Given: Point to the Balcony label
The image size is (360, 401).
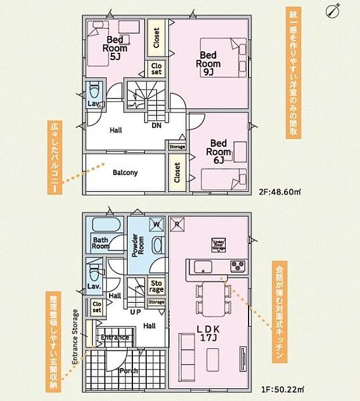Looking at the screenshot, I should (125, 173).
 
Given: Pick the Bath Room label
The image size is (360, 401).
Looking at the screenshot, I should (100, 242).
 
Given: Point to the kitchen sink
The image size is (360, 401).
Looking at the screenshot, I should (203, 266).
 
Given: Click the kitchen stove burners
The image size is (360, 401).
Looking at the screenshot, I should (237, 266).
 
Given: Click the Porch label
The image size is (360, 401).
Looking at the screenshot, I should (127, 371).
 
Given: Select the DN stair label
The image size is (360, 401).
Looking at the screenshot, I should (156, 125).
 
